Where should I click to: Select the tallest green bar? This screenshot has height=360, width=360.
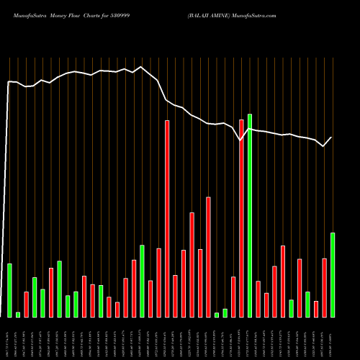[250, 216]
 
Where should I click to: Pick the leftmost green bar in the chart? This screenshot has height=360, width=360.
[10, 290]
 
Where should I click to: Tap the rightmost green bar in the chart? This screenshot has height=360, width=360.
[333, 274]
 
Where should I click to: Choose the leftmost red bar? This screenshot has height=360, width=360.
[27, 304]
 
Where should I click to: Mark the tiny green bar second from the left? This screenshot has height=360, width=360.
[18, 314]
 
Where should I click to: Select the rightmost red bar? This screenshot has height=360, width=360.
[325, 287]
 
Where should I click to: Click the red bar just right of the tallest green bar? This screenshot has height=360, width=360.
[258, 299]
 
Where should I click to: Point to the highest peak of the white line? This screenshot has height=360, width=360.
[142, 67]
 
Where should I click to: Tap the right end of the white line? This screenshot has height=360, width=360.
[332, 137]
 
